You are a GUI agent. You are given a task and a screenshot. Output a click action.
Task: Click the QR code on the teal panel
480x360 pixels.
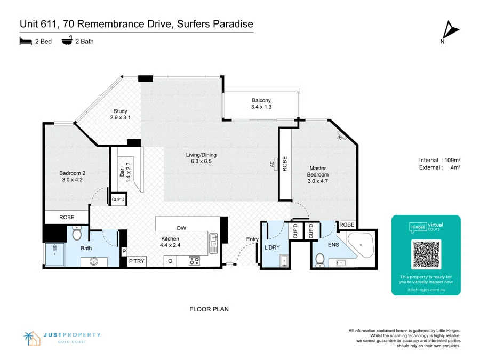coord(426,254)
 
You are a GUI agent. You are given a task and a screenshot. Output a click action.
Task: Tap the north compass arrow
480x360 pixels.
coord(451,29)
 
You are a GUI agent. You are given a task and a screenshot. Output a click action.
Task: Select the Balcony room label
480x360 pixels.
coord(261,103)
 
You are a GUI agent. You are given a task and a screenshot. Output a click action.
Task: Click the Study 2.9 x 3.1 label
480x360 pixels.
coord(120,114)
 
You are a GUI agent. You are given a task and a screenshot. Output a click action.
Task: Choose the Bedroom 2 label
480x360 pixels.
coord(73,176)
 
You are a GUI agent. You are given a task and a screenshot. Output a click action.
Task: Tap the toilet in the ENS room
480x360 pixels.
coord(320,259)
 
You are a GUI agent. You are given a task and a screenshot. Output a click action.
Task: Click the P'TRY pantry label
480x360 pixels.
coord(137,261)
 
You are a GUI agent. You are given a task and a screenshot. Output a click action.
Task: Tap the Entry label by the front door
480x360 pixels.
coord(252,239)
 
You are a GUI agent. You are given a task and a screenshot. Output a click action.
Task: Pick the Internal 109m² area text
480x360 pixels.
coord(439,161)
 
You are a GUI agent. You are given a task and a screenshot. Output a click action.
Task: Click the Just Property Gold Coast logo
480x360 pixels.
coord(62,338)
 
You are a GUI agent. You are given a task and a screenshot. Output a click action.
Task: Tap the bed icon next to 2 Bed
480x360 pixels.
coord(26,41)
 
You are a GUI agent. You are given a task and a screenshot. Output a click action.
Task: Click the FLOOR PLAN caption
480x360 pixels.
coord(209,309)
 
